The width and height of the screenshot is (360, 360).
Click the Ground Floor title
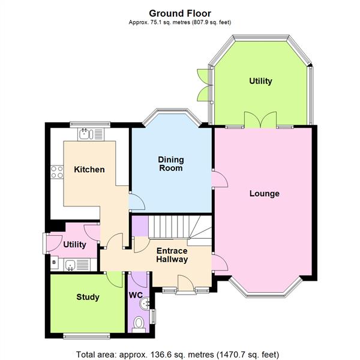180,13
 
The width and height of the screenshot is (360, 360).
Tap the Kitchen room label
89,170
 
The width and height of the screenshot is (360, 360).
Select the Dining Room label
171,164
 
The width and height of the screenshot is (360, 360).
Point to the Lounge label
265,194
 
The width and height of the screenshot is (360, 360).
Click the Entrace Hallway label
172,255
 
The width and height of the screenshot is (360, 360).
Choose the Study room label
88,297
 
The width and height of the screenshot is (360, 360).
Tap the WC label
135,295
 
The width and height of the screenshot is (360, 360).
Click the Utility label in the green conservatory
260,81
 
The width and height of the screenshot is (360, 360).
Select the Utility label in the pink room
75,245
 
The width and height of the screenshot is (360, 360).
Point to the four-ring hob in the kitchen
57,172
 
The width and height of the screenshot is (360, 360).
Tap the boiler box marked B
54,263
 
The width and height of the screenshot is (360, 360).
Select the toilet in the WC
139,325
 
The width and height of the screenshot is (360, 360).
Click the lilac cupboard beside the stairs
140,227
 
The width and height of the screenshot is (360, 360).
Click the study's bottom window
87,334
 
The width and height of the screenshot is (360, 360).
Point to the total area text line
178,354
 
